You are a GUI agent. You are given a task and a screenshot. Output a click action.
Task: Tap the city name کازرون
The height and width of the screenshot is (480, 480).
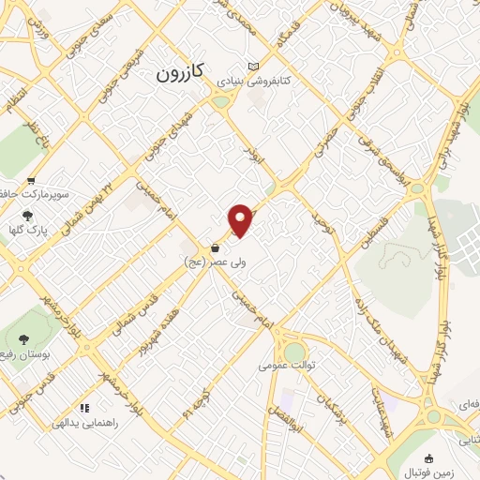coord(180,72)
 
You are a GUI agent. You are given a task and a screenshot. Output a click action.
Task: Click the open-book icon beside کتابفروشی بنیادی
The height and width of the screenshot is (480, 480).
coord(252,67)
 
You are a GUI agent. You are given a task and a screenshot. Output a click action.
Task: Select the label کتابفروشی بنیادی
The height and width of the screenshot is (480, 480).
coord(255,82)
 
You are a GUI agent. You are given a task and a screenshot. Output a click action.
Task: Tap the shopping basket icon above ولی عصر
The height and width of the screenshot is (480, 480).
coord(217,248)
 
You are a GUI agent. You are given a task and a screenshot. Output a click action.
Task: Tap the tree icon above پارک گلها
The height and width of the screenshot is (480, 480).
coord(27,215)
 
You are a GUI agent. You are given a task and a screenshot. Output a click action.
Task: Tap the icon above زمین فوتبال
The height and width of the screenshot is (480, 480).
coord(430,457)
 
